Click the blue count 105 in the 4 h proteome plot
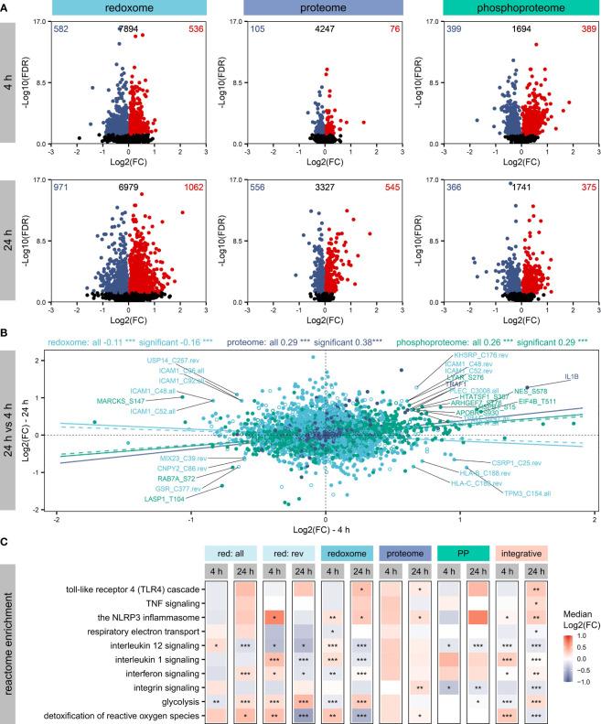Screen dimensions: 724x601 pyautogui.click(x=260, y=29)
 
